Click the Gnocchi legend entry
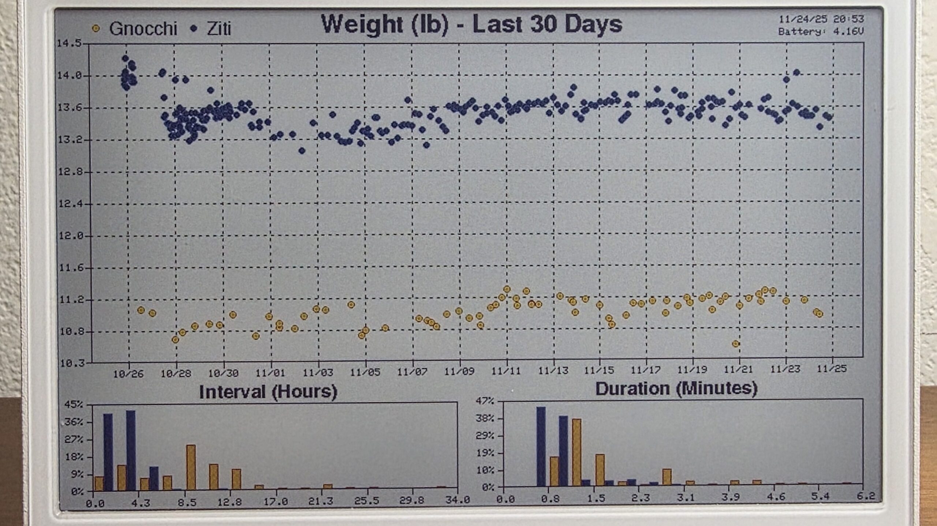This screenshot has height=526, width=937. click(x=135, y=29)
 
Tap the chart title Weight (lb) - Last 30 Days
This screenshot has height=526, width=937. click(x=471, y=24)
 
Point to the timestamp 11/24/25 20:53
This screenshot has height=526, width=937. click(x=821, y=19)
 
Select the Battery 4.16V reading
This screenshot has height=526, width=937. click(x=821, y=31)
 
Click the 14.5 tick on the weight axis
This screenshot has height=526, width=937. click(x=69, y=44)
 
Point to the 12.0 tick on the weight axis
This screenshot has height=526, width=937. click(x=70, y=236)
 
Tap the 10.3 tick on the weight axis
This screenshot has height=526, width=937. click(x=70, y=363)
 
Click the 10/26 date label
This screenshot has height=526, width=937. click(x=128, y=374)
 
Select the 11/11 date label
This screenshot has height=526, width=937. click(x=505, y=371)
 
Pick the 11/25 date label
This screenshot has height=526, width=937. click(x=832, y=369)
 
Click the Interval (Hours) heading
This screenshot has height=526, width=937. click(x=268, y=392)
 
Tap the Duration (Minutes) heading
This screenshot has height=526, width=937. click(x=676, y=388)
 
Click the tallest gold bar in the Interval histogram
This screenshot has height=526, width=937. click(x=191, y=467)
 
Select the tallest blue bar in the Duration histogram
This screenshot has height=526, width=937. click(x=541, y=446)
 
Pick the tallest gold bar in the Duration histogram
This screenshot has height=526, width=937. click(x=576, y=452)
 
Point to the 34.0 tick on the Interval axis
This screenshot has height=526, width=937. click(x=457, y=500)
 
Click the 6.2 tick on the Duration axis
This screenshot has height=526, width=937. click(x=866, y=496)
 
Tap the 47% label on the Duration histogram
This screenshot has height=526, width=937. click(x=485, y=401)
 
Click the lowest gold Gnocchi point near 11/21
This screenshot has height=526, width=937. click(x=736, y=344)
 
